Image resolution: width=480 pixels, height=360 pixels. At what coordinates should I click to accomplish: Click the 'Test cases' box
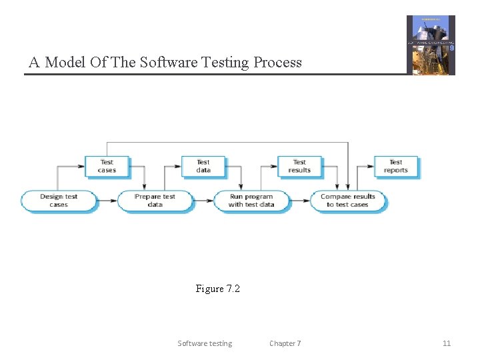point(107,166)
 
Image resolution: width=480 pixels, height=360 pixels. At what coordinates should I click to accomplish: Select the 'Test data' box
point(203,166)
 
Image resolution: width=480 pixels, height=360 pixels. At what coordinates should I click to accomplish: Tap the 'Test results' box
point(299,166)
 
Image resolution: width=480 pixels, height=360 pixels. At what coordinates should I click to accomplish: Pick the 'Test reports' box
point(396,166)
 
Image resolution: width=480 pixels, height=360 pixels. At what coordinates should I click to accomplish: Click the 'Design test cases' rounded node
point(59,201)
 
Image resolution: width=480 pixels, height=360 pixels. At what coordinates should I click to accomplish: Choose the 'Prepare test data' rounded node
point(155,201)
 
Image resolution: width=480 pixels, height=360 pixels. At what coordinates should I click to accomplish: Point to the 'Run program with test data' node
point(251,201)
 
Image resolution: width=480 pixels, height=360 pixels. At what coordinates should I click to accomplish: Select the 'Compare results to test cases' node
point(347,201)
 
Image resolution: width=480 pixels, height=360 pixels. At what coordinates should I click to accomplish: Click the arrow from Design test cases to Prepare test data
point(107,201)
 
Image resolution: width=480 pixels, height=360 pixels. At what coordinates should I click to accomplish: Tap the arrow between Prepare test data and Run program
point(203,201)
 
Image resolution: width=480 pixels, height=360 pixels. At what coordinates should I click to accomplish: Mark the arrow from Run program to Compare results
point(299,201)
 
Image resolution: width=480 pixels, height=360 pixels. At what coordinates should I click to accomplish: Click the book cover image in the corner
point(431,45)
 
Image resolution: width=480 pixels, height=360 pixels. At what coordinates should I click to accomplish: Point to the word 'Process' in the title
point(277,63)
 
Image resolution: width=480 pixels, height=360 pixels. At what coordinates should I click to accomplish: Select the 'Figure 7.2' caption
point(217,289)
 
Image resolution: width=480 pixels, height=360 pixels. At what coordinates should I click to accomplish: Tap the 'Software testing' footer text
point(205,343)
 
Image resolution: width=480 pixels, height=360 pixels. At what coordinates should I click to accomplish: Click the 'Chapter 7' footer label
point(285,343)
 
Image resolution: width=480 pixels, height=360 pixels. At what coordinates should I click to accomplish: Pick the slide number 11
point(447,343)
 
